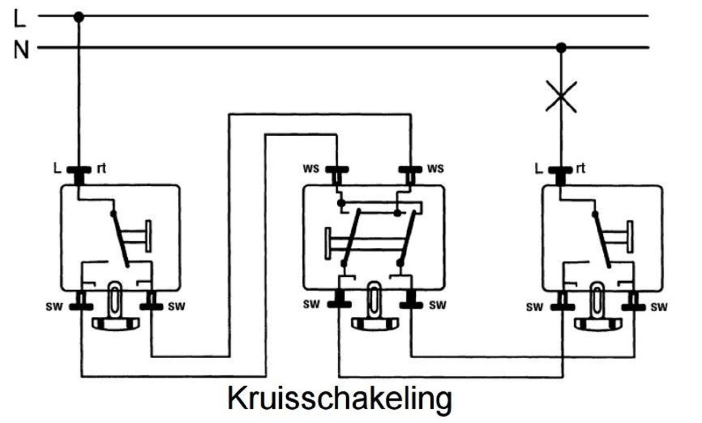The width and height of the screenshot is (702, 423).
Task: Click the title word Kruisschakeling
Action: (339, 398)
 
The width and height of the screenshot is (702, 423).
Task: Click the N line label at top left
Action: (21, 50)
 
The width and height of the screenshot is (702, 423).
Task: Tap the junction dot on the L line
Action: (78, 17)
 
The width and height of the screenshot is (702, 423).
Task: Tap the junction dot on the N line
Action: (561, 48)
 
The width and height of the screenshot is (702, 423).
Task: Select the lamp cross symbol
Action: (561, 97)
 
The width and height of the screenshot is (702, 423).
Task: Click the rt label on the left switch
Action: (101, 168)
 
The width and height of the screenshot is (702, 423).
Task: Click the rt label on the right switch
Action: (580, 168)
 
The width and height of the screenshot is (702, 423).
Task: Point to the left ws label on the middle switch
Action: (311, 168)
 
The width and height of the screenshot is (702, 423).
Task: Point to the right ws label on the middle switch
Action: (435, 168)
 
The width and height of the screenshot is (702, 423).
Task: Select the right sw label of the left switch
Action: (176, 306)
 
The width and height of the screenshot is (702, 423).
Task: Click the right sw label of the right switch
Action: (659, 307)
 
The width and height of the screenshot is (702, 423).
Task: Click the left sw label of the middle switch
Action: (311, 304)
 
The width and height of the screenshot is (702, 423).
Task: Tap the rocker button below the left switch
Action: (115, 323)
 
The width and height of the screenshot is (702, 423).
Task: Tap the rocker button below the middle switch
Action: (373, 323)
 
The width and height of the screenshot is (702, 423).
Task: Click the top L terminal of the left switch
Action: (78, 171)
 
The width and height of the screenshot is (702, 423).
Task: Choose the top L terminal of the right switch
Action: (561, 171)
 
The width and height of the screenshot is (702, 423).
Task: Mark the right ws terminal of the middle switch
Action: (410, 171)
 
